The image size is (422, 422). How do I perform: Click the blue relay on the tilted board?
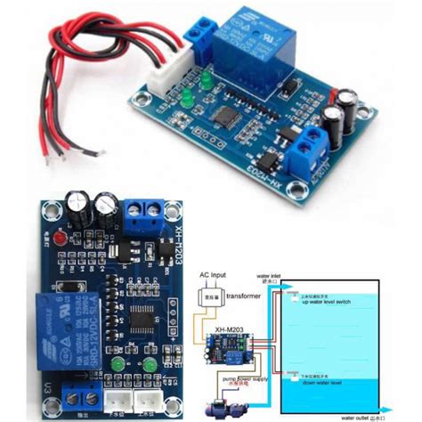[x=258, y=45]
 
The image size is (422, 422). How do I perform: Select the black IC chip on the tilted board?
[x=229, y=115]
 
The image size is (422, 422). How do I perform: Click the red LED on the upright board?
[x=59, y=239]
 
